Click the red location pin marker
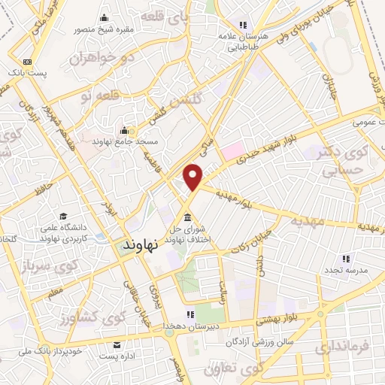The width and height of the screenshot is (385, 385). [x=194, y=176]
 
